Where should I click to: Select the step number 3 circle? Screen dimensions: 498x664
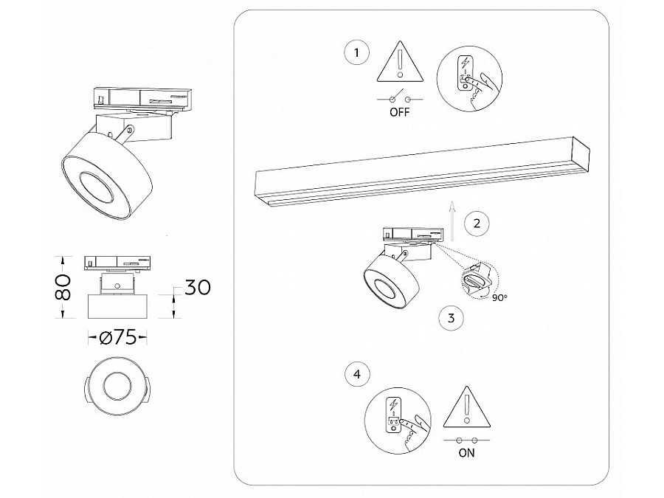tap(451, 319)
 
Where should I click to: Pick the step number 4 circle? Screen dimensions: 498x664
tap(357, 375)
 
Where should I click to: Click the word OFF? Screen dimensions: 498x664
tap(399, 113)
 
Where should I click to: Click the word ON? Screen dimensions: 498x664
tap(466, 453)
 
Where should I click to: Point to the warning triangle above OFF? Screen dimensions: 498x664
tap(399, 62)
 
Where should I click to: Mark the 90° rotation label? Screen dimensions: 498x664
tap(499, 297)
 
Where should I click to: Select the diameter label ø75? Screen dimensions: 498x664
tap(117, 337)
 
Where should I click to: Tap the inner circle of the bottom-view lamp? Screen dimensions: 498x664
tap(117, 386)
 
